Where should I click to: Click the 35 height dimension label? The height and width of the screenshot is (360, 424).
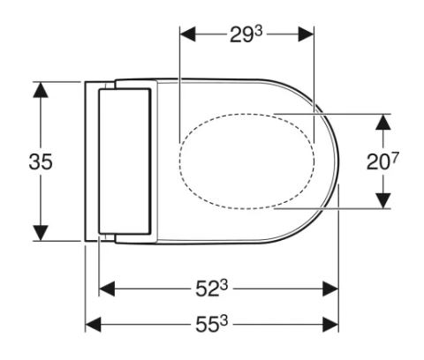(41, 161)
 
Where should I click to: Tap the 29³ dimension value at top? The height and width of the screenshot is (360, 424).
(246, 34)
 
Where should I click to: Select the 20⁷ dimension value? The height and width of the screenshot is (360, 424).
(382, 161)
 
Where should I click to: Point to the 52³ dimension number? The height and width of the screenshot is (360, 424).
(211, 289)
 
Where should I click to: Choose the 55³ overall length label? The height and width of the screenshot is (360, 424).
(211, 325)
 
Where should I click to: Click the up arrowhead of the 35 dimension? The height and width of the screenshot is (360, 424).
(41, 89)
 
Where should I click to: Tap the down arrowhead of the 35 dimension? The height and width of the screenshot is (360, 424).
(41, 233)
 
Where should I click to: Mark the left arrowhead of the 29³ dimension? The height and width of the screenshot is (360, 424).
(187, 34)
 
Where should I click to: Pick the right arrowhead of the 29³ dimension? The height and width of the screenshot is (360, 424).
(307, 34)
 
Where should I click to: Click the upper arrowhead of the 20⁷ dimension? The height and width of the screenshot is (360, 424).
(383, 122)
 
